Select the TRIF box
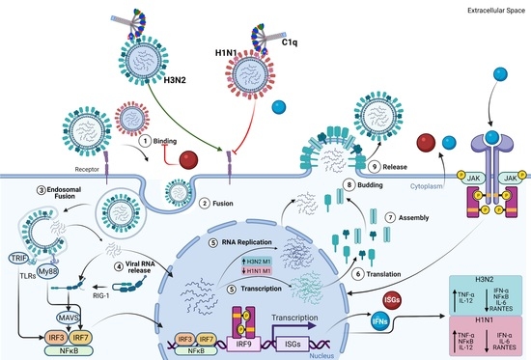(x=17, y=247)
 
